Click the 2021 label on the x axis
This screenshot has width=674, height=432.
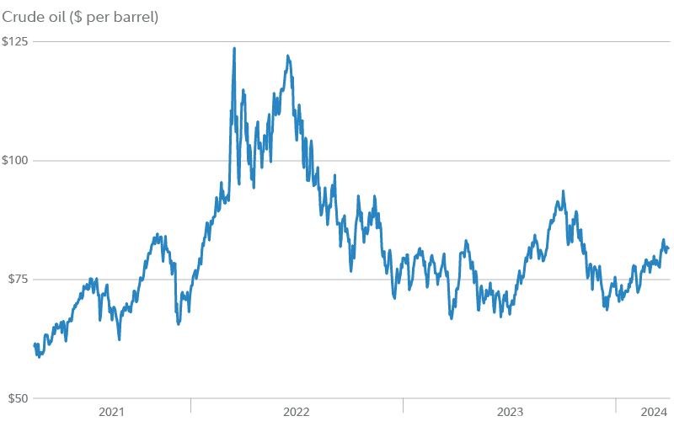point(111,412)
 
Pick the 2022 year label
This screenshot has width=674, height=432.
point(297,412)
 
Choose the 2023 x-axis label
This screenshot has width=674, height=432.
point(509,412)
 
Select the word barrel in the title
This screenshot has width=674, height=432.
point(135,17)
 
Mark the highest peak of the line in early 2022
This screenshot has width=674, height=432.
point(233,49)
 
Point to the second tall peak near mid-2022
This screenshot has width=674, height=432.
point(288,56)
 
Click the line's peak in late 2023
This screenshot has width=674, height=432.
point(563,192)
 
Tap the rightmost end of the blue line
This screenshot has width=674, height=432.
point(668,248)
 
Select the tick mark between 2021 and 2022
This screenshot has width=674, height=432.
point(190,406)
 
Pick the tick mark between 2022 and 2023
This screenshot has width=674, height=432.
point(403,406)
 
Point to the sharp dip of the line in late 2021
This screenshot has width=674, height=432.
point(178,323)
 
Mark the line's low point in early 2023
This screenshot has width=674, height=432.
point(452,318)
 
